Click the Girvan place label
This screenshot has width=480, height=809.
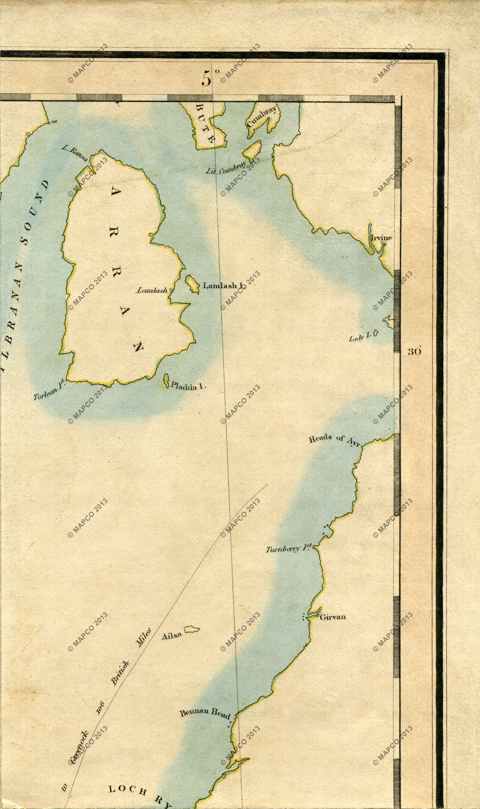(332, 617)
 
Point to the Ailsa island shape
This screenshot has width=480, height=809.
(192, 629)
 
